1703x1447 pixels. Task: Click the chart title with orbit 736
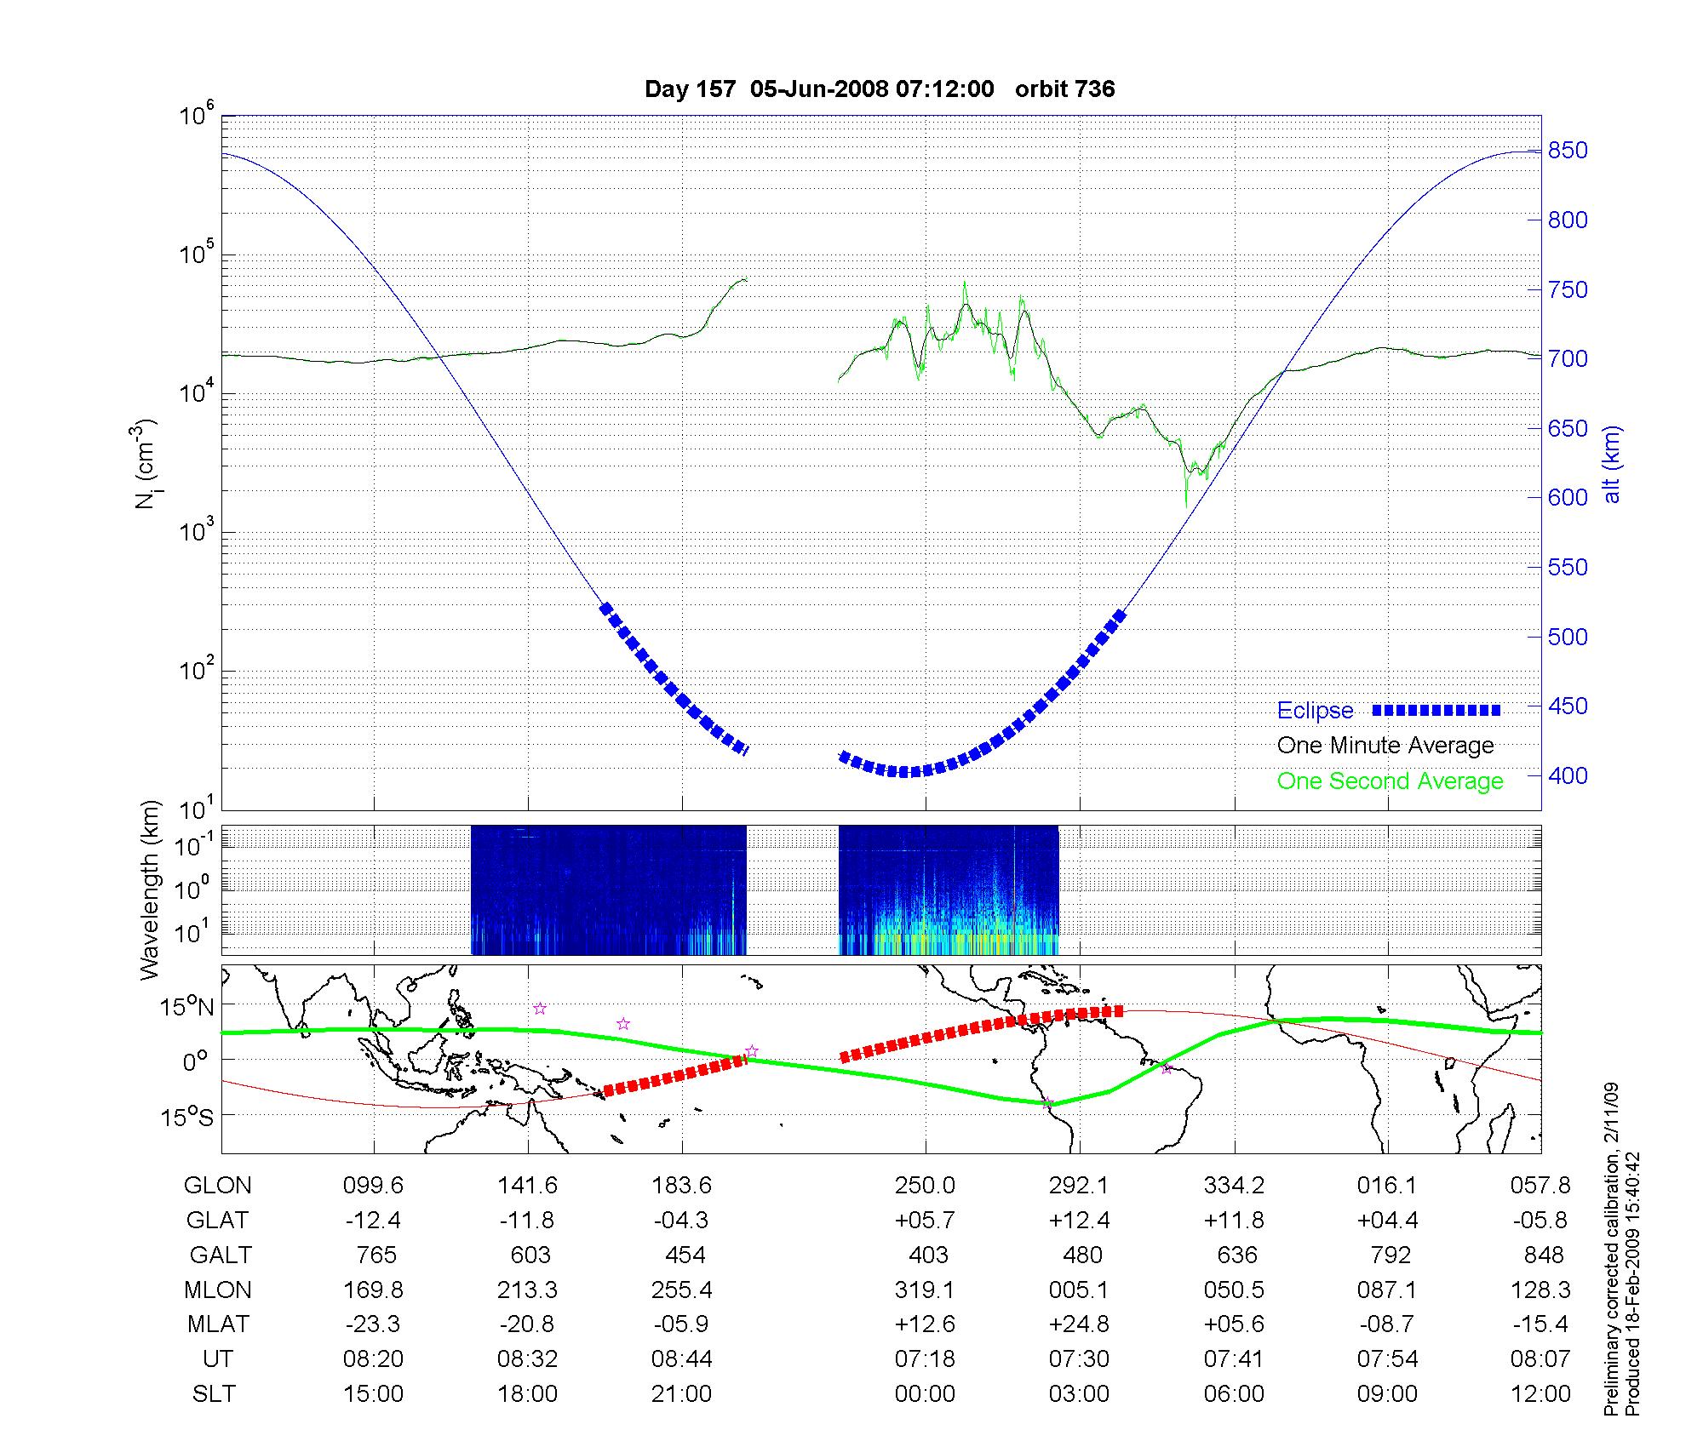coord(880,89)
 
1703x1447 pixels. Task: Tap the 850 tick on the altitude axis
coord(1568,151)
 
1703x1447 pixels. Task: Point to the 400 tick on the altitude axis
coord(1568,775)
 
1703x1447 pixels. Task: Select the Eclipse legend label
coord(1315,711)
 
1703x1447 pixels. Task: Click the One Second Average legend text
coord(1390,781)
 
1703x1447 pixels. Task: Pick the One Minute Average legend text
coord(1385,746)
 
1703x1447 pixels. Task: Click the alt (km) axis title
coord(1612,464)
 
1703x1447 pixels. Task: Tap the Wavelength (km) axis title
coord(150,890)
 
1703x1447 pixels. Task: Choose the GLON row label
coord(218,1186)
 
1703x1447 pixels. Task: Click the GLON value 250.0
coord(925,1186)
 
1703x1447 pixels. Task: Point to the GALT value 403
coord(928,1255)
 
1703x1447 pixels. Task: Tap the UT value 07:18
coord(925,1359)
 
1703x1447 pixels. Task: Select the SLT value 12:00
coord(1540,1394)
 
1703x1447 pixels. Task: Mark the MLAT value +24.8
coord(1079,1324)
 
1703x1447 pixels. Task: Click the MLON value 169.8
coord(373,1290)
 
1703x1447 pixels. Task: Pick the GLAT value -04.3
coord(681,1221)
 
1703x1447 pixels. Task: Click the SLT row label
coord(214,1394)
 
